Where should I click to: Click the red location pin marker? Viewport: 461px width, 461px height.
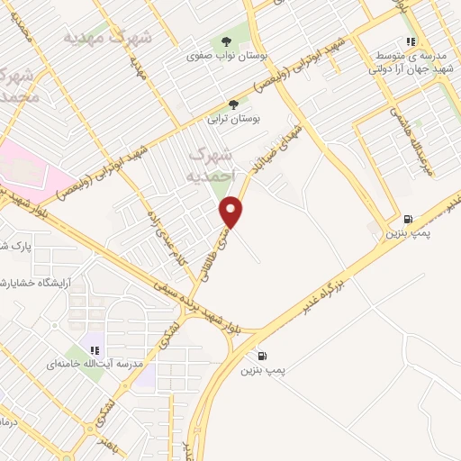coord(232,212)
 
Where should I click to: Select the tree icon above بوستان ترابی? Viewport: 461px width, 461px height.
coord(234,104)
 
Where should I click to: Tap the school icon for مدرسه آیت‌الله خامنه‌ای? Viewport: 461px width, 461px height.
coord(94,350)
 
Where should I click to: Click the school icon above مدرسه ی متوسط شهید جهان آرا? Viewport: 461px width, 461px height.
coord(410,41)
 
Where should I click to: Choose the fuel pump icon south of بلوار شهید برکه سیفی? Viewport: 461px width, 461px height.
coord(262,355)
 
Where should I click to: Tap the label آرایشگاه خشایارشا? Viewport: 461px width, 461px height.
coord(41,282)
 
